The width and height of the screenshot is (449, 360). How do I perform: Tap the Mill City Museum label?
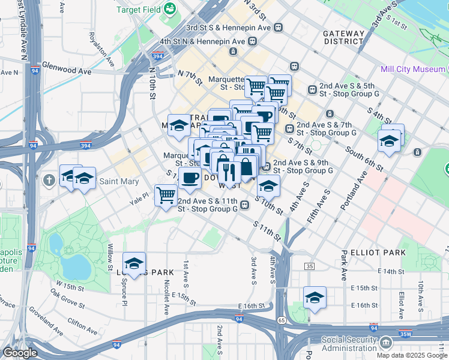412,70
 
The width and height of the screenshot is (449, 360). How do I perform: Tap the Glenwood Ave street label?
67,71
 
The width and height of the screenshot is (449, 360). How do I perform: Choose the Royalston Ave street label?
100,48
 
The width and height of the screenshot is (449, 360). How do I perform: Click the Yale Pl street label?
139,196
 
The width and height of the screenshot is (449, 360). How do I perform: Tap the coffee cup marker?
190,178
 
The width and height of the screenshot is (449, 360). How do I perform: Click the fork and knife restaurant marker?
229,172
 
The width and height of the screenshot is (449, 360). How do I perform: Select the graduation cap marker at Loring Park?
134,263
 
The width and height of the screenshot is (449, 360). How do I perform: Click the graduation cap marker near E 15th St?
315,298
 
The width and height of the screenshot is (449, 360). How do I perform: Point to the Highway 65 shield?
281,321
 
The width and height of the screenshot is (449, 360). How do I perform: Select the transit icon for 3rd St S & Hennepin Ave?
279,28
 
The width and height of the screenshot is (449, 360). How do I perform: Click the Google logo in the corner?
20,353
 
